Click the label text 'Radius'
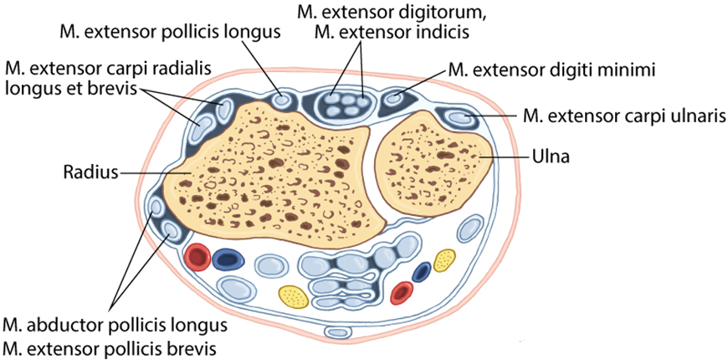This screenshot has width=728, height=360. click(90, 174)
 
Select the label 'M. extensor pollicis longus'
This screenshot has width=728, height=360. click(169, 32)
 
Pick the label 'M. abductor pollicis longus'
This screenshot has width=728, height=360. click(115, 324)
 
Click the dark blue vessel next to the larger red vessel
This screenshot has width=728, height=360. click(228, 260)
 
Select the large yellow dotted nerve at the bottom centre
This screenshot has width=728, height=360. click(294, 297)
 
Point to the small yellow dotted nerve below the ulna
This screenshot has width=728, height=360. click(444, 260)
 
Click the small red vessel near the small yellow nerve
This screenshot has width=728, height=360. click(402, 293)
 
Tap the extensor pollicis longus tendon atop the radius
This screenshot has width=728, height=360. click(280, 100)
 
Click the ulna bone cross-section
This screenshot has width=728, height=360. click(433, 162)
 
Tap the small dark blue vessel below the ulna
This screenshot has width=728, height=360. click(422, 272)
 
